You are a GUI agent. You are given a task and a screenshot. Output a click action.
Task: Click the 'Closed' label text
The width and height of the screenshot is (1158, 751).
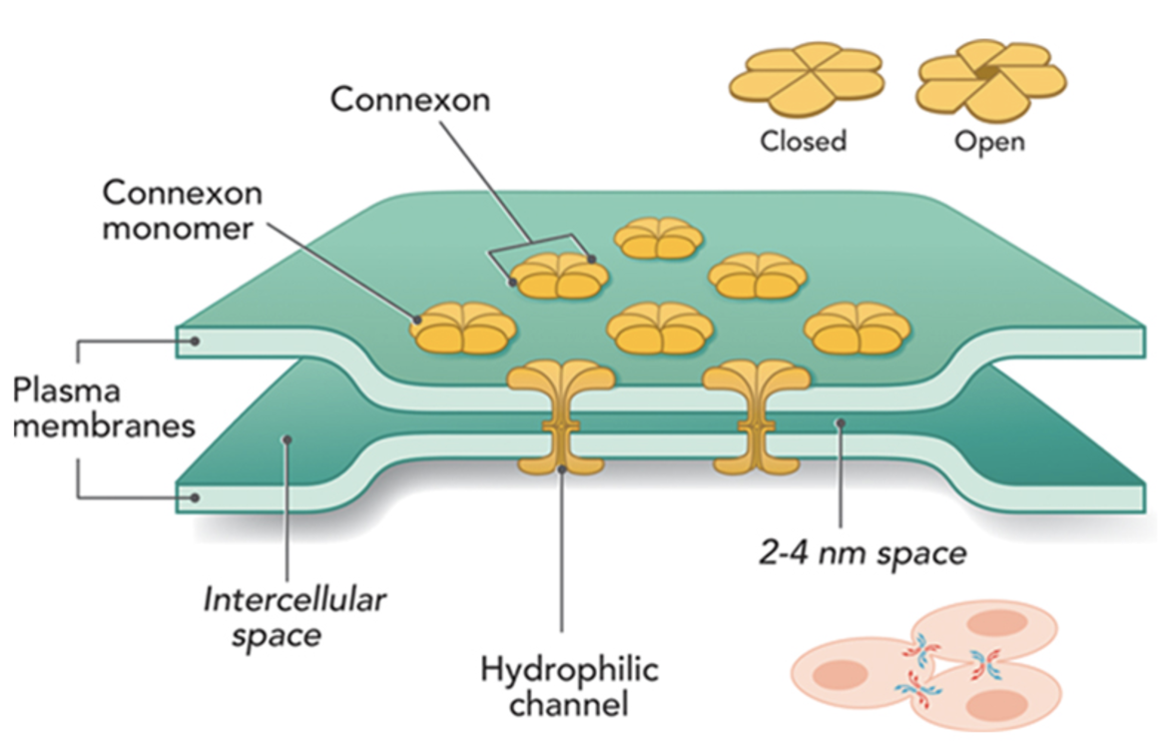803,141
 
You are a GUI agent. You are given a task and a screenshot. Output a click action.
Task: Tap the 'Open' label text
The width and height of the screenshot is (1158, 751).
988,141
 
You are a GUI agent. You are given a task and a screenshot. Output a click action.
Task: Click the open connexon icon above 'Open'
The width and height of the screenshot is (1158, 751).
991,76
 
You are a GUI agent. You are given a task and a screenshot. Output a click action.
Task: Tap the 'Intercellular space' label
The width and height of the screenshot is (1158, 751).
295,617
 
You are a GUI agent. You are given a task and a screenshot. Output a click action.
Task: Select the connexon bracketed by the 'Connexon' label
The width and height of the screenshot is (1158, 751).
559,275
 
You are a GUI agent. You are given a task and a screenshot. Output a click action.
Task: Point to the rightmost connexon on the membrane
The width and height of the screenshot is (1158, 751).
856,329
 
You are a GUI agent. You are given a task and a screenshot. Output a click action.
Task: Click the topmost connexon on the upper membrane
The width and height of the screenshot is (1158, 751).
658,239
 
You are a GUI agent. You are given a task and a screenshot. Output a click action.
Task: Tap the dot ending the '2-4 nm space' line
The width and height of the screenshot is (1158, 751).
842,423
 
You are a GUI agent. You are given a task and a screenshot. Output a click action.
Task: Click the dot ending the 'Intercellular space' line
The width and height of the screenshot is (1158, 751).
286,438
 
